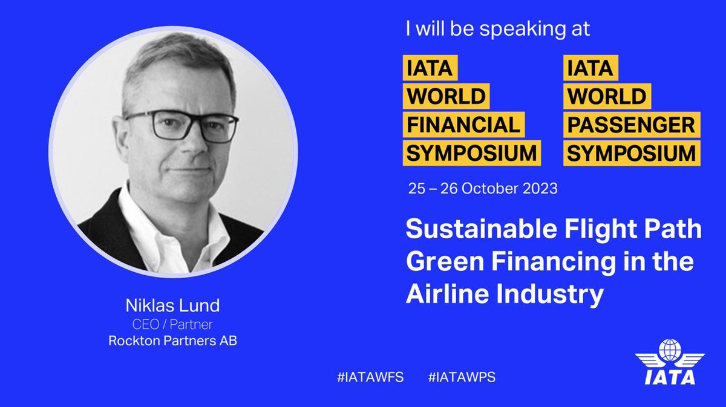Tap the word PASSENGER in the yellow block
(x=632, y=125)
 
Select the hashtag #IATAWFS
(x=370, y=377)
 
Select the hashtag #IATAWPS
(x=462, y=377)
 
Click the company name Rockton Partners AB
(x=172, y=340)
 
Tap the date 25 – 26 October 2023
(x=482, y=188)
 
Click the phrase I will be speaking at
(x=497, y=30)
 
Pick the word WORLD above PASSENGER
(x=606, y=96)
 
